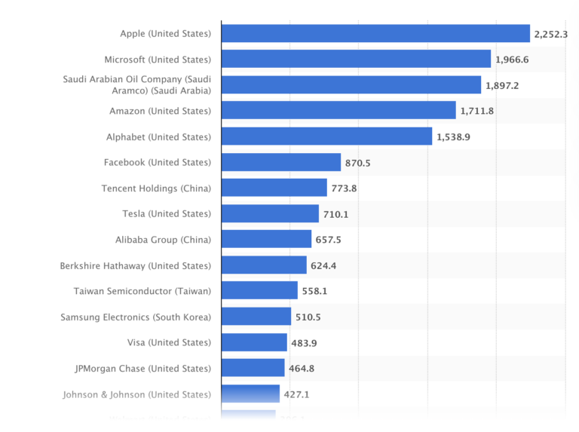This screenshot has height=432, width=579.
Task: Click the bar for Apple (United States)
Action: point(375,34)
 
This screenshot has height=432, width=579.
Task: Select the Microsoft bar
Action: point(356,60)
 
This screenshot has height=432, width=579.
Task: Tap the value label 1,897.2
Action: point(502,85)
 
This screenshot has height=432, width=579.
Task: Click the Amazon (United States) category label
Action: point(160,111)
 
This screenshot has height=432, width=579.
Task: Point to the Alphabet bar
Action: point(326,136)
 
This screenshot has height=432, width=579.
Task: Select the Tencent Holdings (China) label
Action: point(156,188)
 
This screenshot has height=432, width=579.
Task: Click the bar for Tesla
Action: point(270,214)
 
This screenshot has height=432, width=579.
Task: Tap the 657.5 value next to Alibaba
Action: point(328,240)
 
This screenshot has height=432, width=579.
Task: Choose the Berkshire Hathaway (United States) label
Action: point(136,265)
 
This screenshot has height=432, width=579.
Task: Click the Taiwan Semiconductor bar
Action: point(259,291)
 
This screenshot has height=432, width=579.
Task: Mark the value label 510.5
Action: point(308,317)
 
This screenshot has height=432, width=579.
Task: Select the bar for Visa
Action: point(254,343)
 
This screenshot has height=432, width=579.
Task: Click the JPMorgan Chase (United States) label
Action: point(143,369)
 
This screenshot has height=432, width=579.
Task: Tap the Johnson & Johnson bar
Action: point(250,394)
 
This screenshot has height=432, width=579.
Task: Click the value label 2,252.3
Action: point(550,34)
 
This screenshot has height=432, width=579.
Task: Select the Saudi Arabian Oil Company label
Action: point(136,85)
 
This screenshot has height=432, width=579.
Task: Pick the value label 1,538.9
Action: point(453,137)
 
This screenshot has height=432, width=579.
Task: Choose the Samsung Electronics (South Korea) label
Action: point(136,317)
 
